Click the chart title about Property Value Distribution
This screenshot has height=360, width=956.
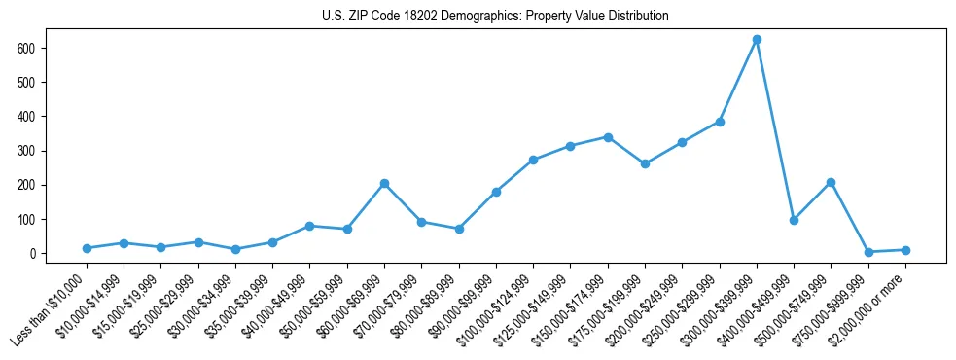[495, 17]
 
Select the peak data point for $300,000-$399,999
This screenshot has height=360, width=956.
[757, 40]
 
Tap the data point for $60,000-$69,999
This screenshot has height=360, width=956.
[384, 183]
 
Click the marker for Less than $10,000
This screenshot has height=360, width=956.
[87, 248]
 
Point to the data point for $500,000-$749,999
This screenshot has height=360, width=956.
[831, 182]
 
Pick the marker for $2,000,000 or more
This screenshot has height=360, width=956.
[905, 250]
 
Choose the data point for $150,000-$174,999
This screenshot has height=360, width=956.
[608, 137]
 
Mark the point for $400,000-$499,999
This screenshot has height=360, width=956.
[794, 220]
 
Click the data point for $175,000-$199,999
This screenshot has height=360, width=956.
[645, 163]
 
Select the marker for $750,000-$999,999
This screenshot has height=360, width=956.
[868, 252]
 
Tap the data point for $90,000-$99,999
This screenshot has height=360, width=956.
[496, 192]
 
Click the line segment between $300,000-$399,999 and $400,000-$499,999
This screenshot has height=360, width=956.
[775, 129]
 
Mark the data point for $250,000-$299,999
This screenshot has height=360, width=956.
[720, 122]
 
